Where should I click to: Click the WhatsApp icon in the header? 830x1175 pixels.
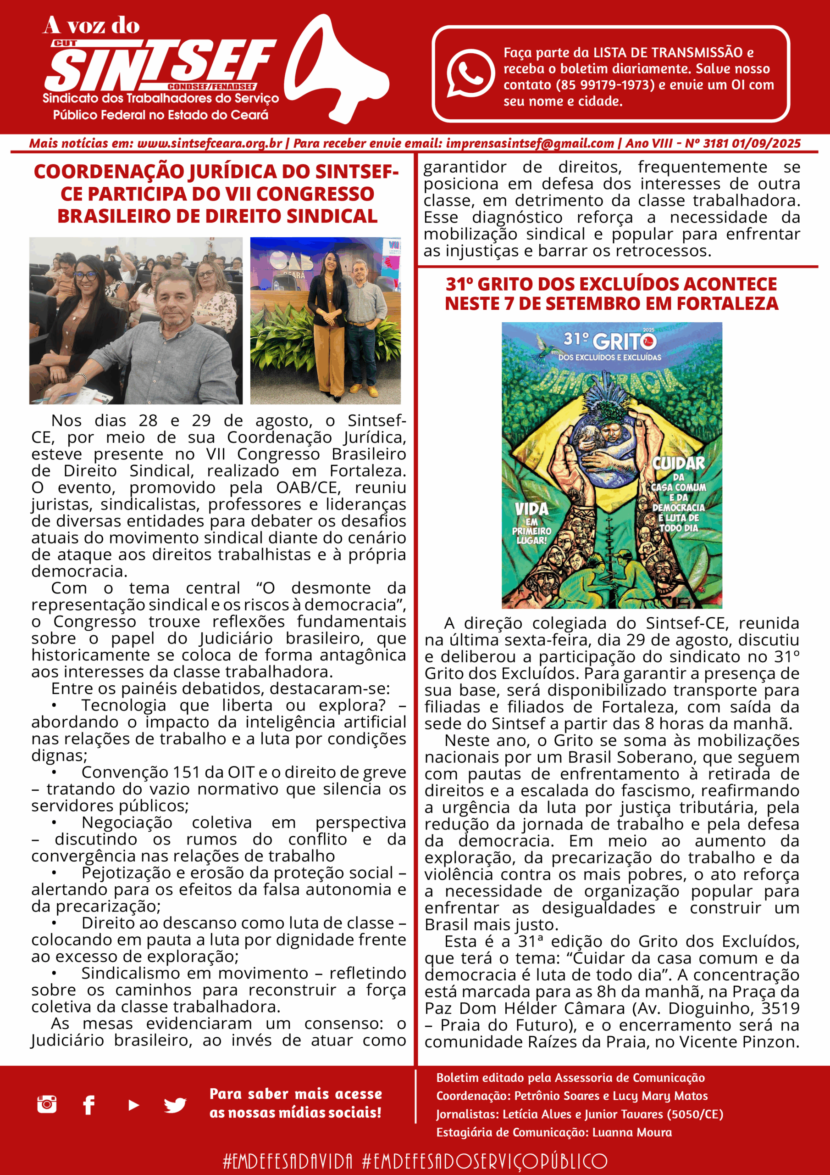click(x=470, y=73)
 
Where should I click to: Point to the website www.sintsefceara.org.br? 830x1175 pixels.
click(x=210, y=144)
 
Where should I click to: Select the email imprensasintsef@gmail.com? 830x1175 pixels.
click(x=530, y=144)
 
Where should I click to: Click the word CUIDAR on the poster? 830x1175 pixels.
click(x=678, y=464)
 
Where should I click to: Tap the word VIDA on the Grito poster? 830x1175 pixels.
click(x=531, y=509)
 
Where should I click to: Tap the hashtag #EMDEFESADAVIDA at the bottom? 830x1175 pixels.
click(x=288, y=1161)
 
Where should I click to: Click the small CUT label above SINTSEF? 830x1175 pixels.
click(x=65, y=44)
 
